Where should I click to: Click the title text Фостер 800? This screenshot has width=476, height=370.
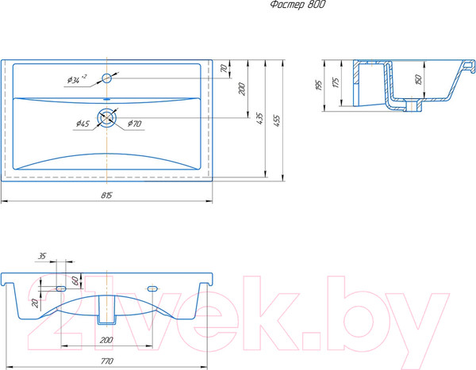click(x=297, y=5)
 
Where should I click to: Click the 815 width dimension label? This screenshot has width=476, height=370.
click(x=106, y=196)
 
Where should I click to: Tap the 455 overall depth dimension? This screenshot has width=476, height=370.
click(x=277, y=120)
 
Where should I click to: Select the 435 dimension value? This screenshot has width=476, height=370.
click(x=259, y=118)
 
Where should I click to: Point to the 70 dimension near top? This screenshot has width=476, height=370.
click(x=224, y=68)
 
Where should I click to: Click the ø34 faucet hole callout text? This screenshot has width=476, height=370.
click(x=77, y=79)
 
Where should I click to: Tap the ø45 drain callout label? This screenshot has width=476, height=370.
click(x=83, y=124)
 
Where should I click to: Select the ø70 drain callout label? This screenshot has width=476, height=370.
click(x=135, y=124)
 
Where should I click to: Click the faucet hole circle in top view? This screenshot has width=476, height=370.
click(x=106, y=78)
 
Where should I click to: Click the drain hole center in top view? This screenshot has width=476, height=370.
click(x=106, y=117)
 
